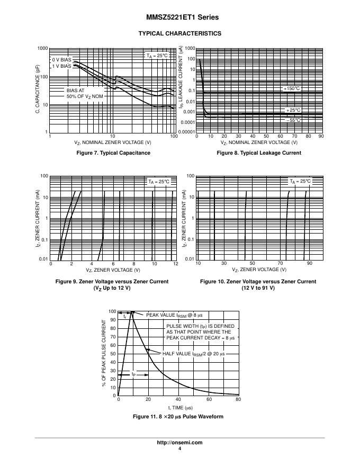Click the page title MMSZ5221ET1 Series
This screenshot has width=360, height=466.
pyautogui.click(x=179, y=17)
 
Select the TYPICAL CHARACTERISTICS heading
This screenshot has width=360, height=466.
pyautogui.click(x=179, y=33)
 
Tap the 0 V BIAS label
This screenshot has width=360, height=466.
pyautogui.click(x=61, y=60)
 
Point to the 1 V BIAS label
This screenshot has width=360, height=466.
pyautogui.click(x=61, y=67)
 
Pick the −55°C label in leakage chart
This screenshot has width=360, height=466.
pyautogui.click(x=293, y=120)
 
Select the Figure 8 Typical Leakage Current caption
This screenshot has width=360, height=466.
pyautogui.click(x=259, y=153)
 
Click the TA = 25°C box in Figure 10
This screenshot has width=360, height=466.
pyautogui.click(x=300, y=182)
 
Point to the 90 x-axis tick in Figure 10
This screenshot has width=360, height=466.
pyautogui.click(x=310, y=264)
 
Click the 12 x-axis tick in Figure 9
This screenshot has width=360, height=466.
pyautogui.click(x=175, y=264)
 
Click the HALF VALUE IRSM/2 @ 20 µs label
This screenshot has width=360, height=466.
pyautogui.click(x=193, y=353)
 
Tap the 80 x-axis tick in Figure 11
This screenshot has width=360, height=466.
pyautogui.click(x=238, y=400)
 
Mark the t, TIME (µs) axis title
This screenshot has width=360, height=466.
pyautogui.click(x=180, y=408)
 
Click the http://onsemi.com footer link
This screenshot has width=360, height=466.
pyautogui.click(x=179, y=443)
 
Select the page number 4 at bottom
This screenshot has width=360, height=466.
pyautogui.click(x=179, y=449)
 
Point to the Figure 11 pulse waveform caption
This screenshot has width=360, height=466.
pyautogui.click(x=179, y=417)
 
